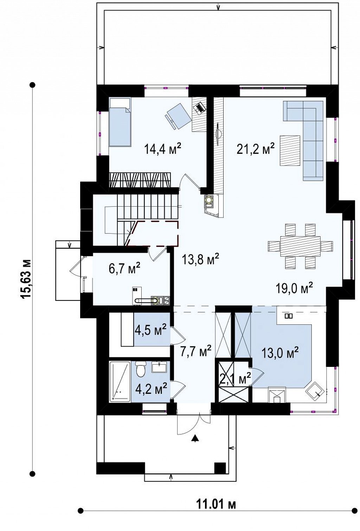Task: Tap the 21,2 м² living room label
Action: click(x=256, y=149)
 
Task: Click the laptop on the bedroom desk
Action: click(x=199, y=107)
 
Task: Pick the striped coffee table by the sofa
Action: click(x=290, y=150)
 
